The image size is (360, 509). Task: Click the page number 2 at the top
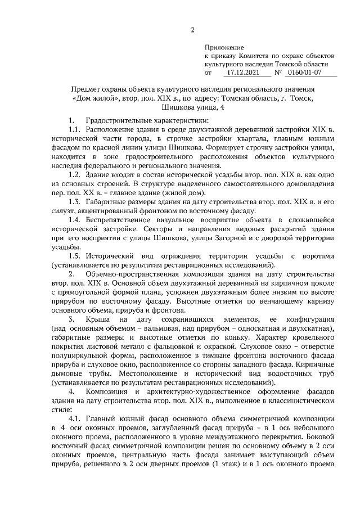tap(192, 30)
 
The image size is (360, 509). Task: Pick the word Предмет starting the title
tap(88, 89)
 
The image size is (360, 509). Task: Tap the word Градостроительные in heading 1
tap(115, 121)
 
